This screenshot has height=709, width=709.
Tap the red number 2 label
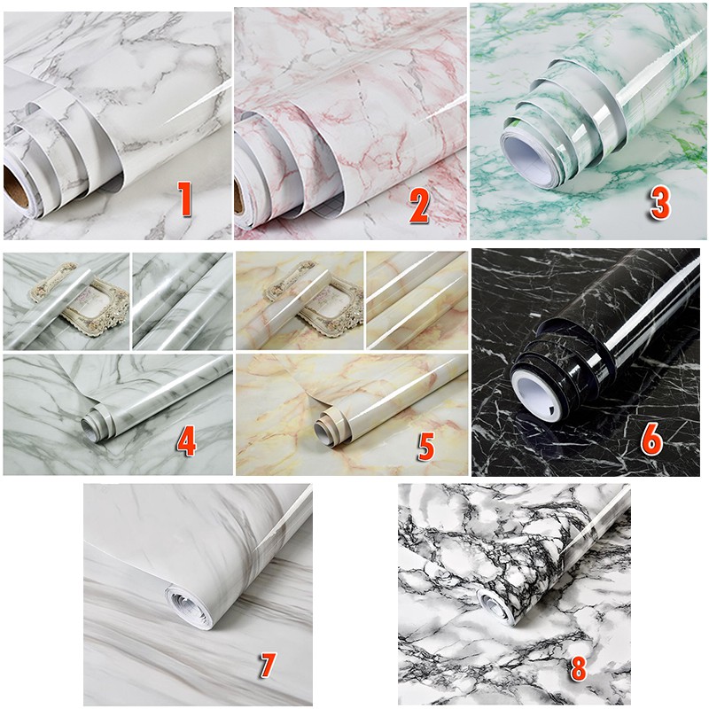click(418, 205)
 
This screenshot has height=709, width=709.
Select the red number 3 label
click(658, 202)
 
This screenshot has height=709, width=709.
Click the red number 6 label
click(651, 438)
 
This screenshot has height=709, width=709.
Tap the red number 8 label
click(578, 667)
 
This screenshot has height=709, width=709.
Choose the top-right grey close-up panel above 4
click(182, 300)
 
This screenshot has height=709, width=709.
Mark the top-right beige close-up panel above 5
click(417, 300)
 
